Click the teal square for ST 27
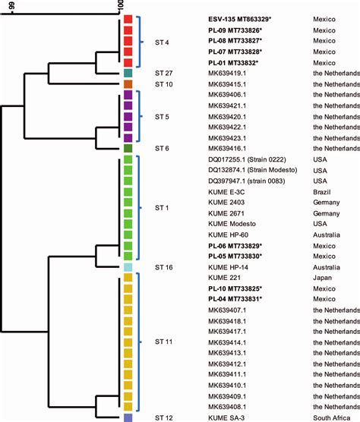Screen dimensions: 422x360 (x=128, y=73)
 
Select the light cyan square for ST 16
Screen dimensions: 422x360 (x=128, y=267)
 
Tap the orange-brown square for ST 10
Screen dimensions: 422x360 (x=128, y=83)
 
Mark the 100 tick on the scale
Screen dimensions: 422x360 (x=122, y=7)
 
